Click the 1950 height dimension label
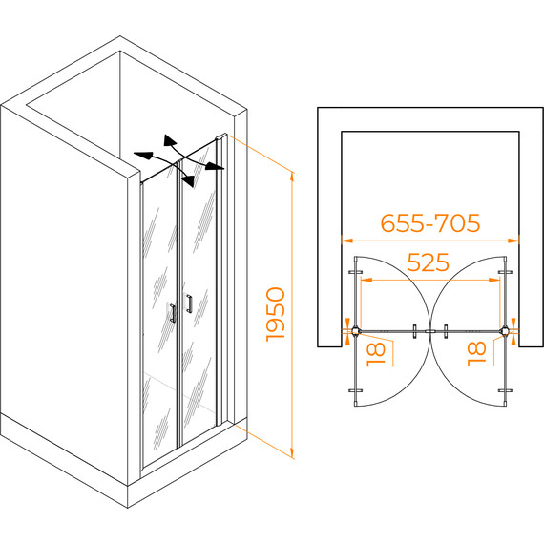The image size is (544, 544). (x=276, y=314)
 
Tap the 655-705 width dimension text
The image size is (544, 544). (x=430, y=222)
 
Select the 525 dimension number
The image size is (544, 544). (x=429, y=262)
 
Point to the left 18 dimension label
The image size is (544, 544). (x=376, y=354)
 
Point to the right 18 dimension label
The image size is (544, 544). (x=476, y=353)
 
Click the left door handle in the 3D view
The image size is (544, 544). (x=173, y=313)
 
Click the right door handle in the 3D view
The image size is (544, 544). (x=189, y=303)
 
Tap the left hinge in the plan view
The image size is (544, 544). (x=356, y=330)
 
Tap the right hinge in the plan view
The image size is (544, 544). (x=505, y=330)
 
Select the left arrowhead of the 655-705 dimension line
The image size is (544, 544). (x=347, y=241)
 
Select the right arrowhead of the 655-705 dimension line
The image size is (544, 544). (x=513, y=241)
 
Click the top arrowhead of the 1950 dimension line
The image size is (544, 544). (x=292, y=177)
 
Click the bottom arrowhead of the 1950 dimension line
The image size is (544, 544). (x=292, y=452)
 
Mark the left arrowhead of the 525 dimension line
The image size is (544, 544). (x=366, y=280)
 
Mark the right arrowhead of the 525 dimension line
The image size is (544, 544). (x=494, y=280)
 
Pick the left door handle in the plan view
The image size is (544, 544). (x=414, y=331)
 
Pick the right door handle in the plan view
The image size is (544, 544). (x=446, y=331)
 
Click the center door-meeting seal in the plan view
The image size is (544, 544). (x=430, y=331)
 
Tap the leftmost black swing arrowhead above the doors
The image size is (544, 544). (x=142, y=156)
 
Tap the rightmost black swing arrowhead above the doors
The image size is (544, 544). (x=215, y=166)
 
